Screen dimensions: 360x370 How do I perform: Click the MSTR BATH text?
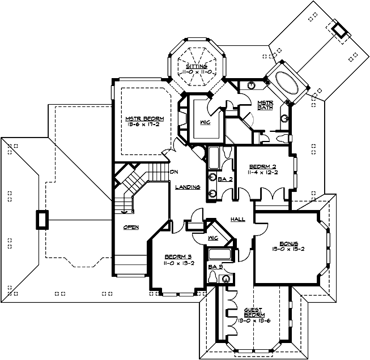[266, 106]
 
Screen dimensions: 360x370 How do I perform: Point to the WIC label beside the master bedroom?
[205, 121]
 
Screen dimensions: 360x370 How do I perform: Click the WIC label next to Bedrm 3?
[214, 238]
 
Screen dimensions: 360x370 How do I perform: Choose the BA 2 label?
[224, 179]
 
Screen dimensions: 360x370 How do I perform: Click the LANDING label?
[186, 187]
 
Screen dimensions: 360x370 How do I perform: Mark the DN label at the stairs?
[175, 172]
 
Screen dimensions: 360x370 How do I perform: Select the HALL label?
[237, 219]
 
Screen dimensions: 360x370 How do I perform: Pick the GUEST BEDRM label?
[253, 313]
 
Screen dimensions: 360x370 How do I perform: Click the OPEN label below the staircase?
[131, 228]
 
